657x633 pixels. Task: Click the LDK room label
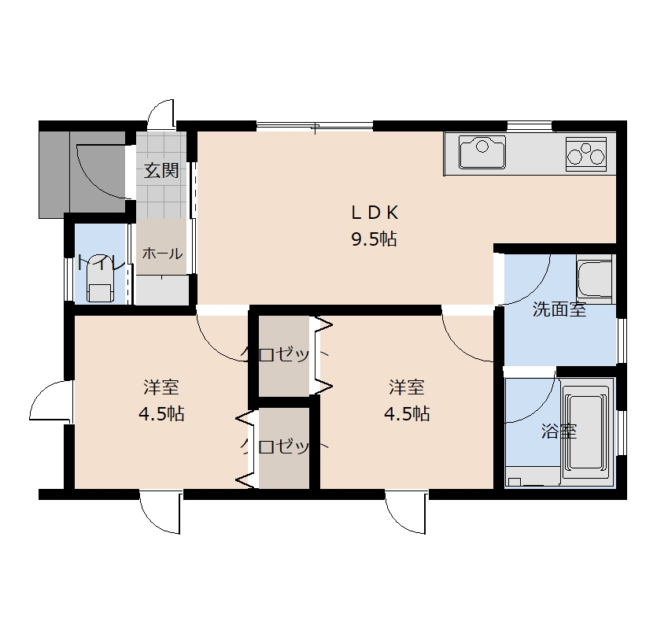pos(375,213)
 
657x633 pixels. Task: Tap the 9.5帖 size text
pos(374,239)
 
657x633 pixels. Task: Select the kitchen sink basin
pos(482,152)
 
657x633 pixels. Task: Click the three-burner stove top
pos(586,154)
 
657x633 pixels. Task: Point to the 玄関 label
pos(161,171)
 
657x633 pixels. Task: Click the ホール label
pos(162,254)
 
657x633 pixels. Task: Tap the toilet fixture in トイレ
pos(100,283)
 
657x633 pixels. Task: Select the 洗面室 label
pos(559,309)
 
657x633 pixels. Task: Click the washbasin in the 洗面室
pos(594,276)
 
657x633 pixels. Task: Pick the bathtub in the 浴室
pos(586,432)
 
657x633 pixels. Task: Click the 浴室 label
pos(559,431)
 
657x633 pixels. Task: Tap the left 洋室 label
pos(161,387)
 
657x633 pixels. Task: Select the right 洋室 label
pos(407,387)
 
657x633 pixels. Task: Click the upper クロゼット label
pos(284,354)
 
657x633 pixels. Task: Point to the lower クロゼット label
pos(284,446)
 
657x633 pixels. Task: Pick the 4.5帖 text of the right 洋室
pos(407,414)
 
